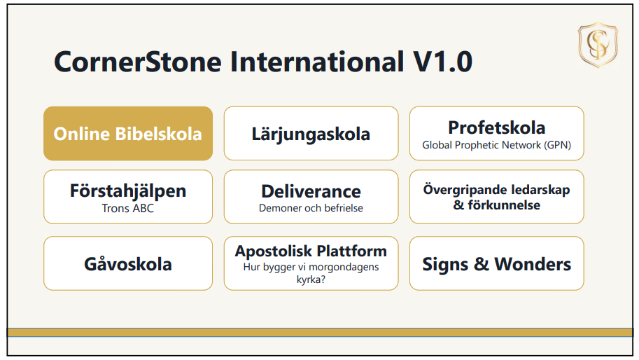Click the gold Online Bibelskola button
point(128,133)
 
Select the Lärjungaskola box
point(311,133)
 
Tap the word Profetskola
point(497,127)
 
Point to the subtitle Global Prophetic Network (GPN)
point(497,145)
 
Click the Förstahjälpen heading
point(128,191)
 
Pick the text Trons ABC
point(128,208)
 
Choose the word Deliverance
point(311,191)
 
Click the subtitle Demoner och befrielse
point(311,208)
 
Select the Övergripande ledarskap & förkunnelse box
point(497,197)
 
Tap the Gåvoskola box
point(128,263)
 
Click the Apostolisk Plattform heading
point(311,251)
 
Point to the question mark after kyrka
point(323,279)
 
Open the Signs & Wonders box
point(497,263)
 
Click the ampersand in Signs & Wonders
point(482,264)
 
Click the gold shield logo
point(598,44)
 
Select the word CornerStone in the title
point(138,62)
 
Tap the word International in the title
point(317,62)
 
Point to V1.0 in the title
point(442,62)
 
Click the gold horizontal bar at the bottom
point(320,333)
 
